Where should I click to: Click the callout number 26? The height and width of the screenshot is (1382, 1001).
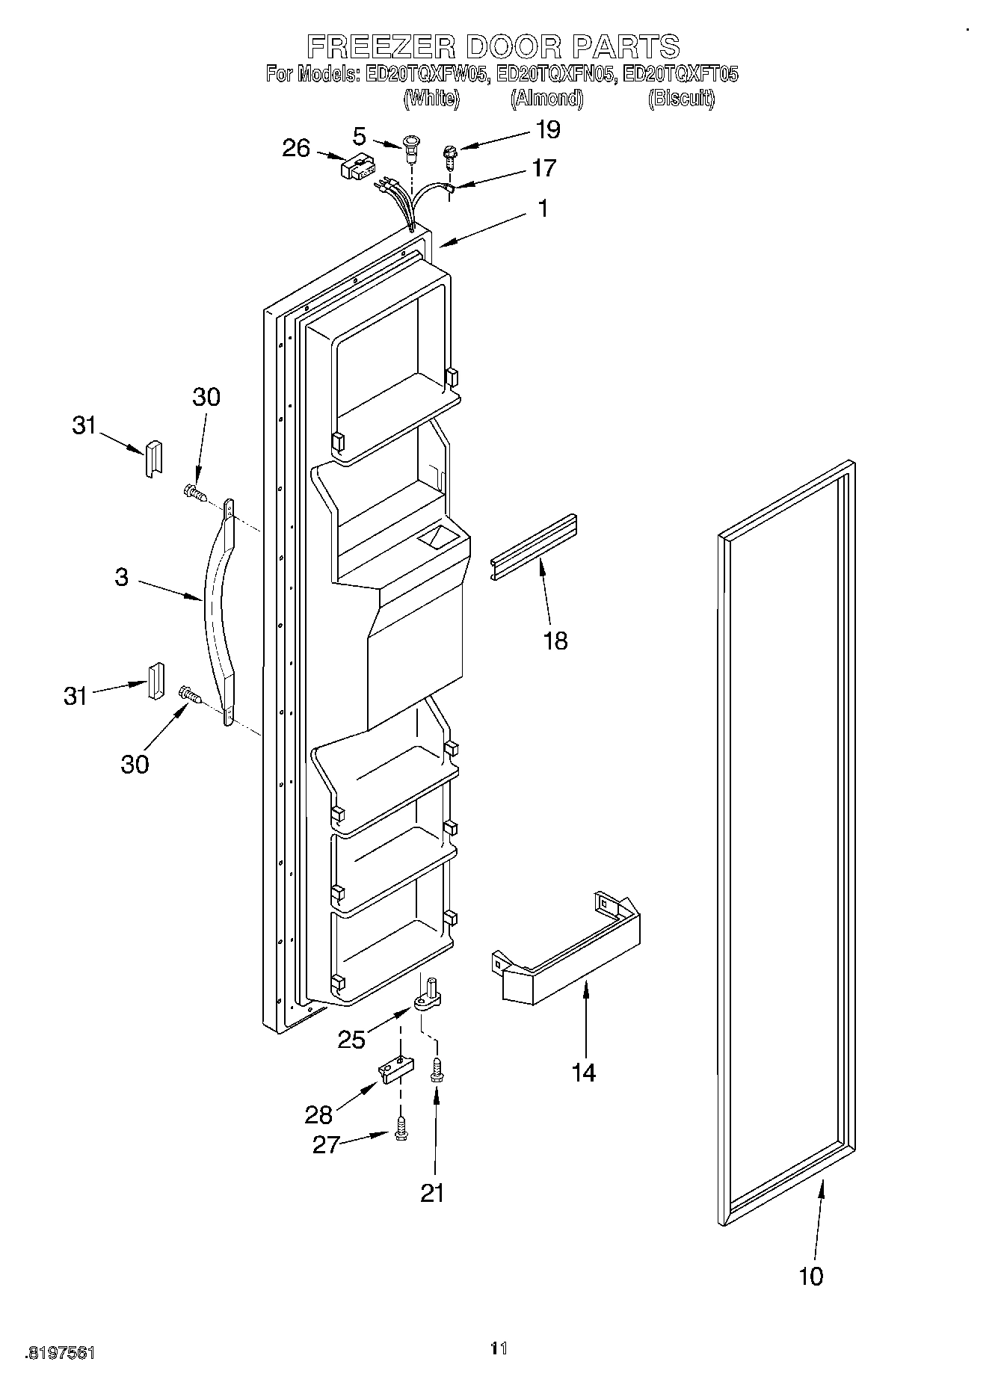click(x=296, y=148)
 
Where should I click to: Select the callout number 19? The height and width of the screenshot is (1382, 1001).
click(x=548, y=130)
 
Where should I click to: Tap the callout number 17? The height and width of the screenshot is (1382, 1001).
click(x=543, y=168)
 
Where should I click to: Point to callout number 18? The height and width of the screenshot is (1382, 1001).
click(x=555, y=641)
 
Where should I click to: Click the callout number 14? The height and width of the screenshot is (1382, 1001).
click(x=583, y=1073)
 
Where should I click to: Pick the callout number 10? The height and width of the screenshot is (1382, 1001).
click(x=811, y=1276)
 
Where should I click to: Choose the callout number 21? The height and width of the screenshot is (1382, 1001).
click(x=432, y=1193)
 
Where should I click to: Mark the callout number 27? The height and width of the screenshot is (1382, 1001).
click(x=327, y=1144)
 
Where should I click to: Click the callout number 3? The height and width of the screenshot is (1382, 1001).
click(x=122, y=577)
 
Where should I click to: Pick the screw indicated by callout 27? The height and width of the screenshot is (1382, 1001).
click(x=401, y=1128)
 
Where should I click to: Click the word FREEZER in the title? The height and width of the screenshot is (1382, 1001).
click(x=382, y=46)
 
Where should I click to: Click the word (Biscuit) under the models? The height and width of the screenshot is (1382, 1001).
click(x=680, y=98)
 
